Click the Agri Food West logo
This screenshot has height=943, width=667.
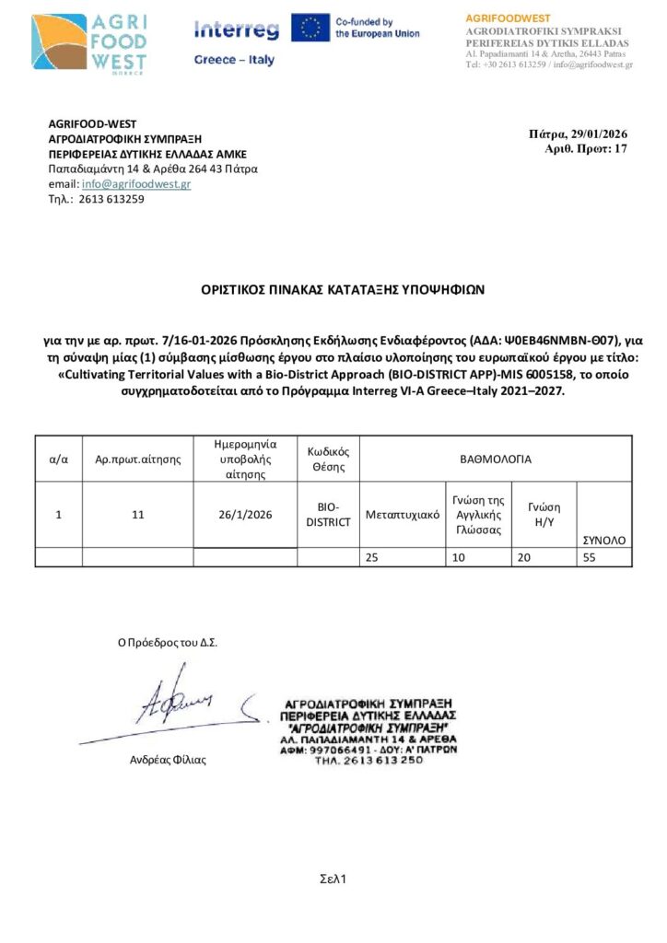click(88, 42)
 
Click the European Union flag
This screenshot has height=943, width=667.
click(310, 28)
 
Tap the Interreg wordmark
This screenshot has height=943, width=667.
click(236, 30)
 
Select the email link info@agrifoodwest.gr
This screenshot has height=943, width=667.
click(136, 184)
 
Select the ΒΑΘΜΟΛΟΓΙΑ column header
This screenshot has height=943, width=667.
click(496, 458)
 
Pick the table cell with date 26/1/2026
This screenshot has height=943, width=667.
click(245, 515)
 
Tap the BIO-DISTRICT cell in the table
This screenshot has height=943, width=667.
click(328, 515)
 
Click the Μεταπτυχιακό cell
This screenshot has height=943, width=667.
click(403, 514)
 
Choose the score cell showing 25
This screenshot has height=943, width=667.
click(372, 556)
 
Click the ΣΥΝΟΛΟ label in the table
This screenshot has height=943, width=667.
click(603, 540)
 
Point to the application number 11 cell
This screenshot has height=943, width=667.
click(138, 515)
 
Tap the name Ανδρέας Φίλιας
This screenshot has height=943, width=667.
click(169, 760)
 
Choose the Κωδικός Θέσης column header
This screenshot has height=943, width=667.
click(328, 458)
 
